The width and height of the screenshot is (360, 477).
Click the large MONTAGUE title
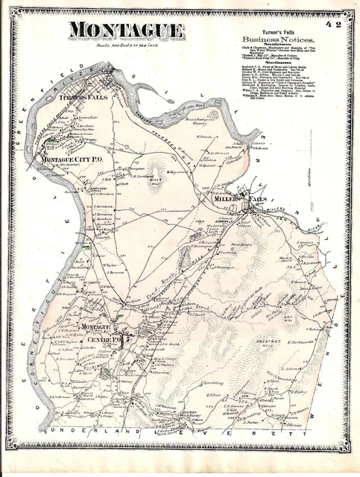click(x=127, y=31)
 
